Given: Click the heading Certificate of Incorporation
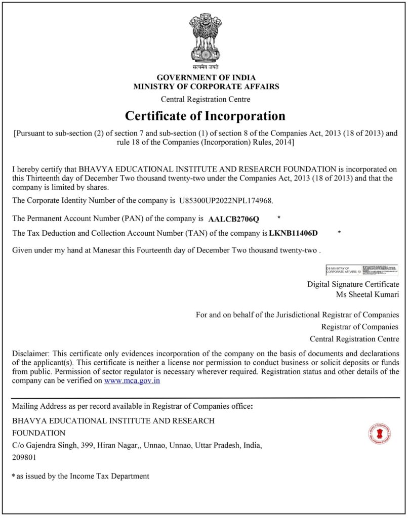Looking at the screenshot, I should tap(205, 116).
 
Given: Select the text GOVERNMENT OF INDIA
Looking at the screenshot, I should tap(206, 78).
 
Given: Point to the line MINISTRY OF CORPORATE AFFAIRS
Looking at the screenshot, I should tap(206, 87).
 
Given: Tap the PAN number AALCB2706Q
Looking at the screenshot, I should tap(233, 219).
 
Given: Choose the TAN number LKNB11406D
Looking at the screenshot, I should tap(294, 233).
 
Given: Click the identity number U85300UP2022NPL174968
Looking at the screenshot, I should tap(226, 201).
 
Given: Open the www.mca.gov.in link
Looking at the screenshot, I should tap(132, 380).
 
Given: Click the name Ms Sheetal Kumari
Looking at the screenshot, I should tap(368, 294).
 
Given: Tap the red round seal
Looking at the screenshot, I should tap(380, 434).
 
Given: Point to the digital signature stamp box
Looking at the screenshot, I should tap(361, 270).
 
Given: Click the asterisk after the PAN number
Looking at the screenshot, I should tap(278, 218).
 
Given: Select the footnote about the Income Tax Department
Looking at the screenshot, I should tap(81, 476).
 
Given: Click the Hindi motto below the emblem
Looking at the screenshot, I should tap(206, 67).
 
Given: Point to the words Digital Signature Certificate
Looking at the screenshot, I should tap(353, 284).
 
